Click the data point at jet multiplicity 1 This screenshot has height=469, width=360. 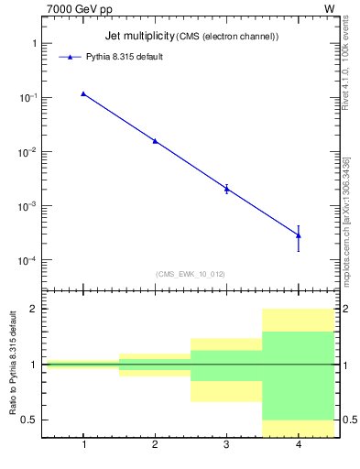pos(83,93)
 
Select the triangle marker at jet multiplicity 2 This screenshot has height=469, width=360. pos(155,141)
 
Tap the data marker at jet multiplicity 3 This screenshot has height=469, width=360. pos(226,189)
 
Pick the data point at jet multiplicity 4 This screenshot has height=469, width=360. pos(299,235)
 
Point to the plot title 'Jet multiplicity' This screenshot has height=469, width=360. pos(138,36)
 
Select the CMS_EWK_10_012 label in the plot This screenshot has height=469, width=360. pos(189,273)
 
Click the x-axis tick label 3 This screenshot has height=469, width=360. pos(226,446)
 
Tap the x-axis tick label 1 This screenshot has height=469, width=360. pos(83,446)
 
